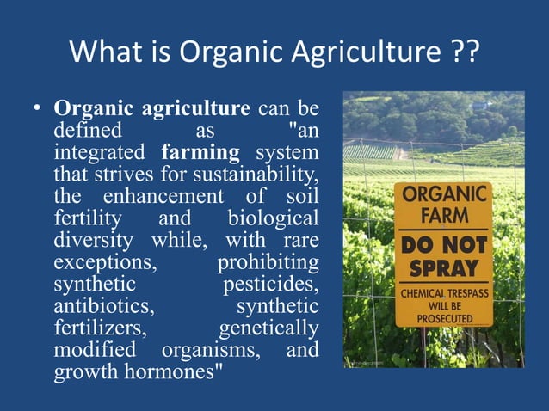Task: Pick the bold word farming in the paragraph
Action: coord(200,154)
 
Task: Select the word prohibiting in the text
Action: coord(268,261)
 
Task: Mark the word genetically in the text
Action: coord(268,328)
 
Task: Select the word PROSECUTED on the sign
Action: coord(444,316)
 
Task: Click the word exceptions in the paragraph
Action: coord(97,261)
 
